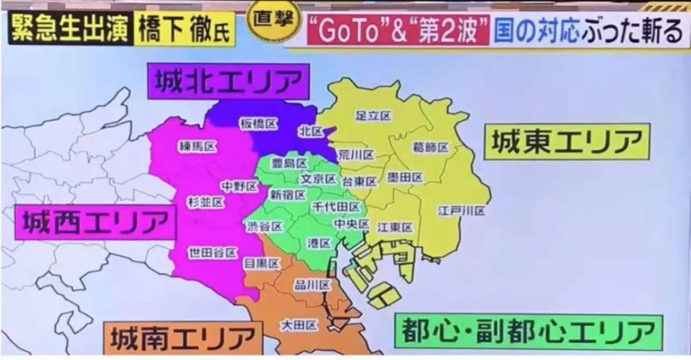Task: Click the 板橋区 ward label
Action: point(258,124)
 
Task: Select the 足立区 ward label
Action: point(374,115)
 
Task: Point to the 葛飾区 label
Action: point(430,147)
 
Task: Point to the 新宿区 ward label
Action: point(287,195)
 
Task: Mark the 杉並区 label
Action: point(205,202)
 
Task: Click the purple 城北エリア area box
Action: point(227,82)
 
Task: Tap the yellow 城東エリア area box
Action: point(567,142)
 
